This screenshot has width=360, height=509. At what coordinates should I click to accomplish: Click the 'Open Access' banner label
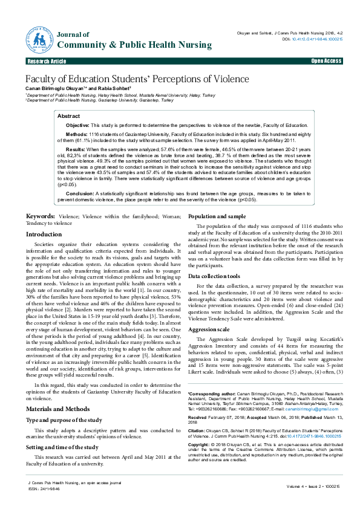(326, 62)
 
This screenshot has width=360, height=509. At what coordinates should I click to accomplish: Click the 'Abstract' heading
(68, 115)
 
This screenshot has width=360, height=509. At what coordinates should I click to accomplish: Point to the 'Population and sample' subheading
(217, 216)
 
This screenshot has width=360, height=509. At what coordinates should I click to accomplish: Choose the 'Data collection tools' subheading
(215, 275)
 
